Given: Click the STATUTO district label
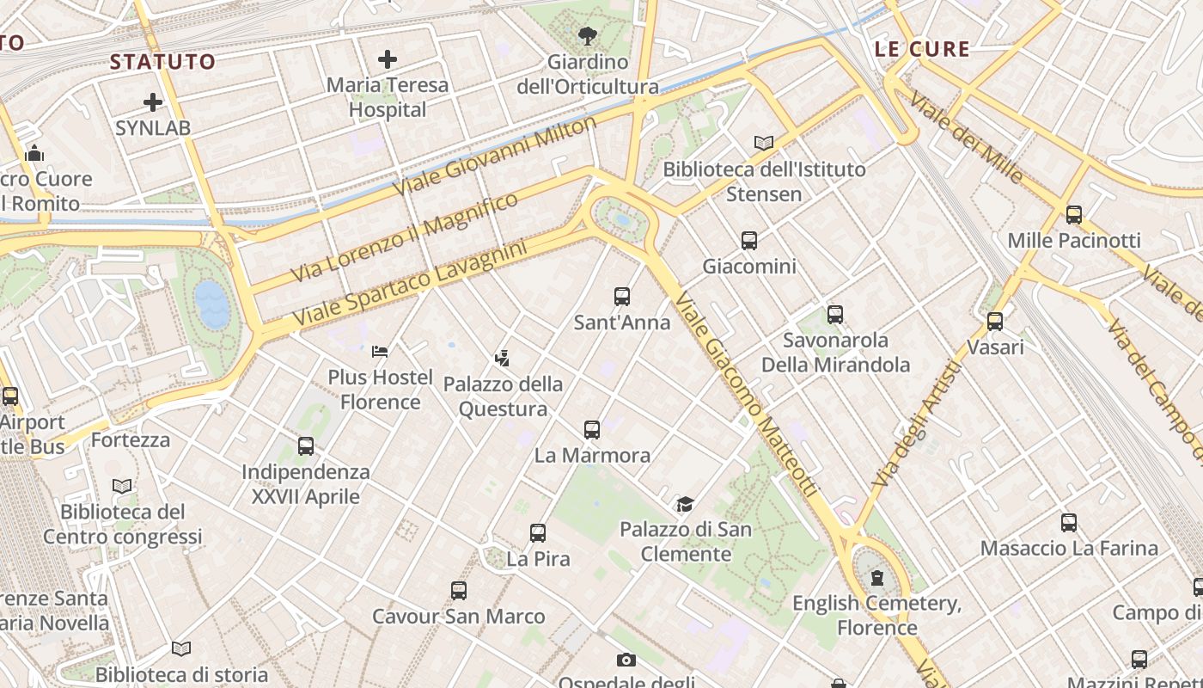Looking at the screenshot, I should point(162,62).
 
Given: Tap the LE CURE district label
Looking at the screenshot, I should point(922,49).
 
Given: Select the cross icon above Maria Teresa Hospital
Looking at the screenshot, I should point(388,59).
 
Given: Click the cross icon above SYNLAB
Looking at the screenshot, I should point(153,102).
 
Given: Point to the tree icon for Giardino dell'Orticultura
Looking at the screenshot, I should point(588,36).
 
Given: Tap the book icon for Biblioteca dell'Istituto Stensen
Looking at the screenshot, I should point(763,143).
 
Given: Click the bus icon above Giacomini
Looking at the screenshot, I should point(749,241).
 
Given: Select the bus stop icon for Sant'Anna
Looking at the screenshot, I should point(622,297).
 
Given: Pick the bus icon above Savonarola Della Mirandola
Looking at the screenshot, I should point(835,315).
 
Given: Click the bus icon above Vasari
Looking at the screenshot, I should point(995,322).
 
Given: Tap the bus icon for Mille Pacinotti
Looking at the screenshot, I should point(1074,215).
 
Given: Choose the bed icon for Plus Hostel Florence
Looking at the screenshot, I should point(380,352).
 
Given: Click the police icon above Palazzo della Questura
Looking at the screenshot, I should point(503,358).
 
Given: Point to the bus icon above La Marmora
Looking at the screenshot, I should point(592,430).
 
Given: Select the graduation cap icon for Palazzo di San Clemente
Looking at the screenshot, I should point(685,504).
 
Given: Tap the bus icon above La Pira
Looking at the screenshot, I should point(538,533).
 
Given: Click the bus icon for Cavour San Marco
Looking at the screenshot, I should point(459,591).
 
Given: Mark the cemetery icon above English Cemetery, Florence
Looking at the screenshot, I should point(876,578).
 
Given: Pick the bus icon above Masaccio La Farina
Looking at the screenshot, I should point(1069,523).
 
